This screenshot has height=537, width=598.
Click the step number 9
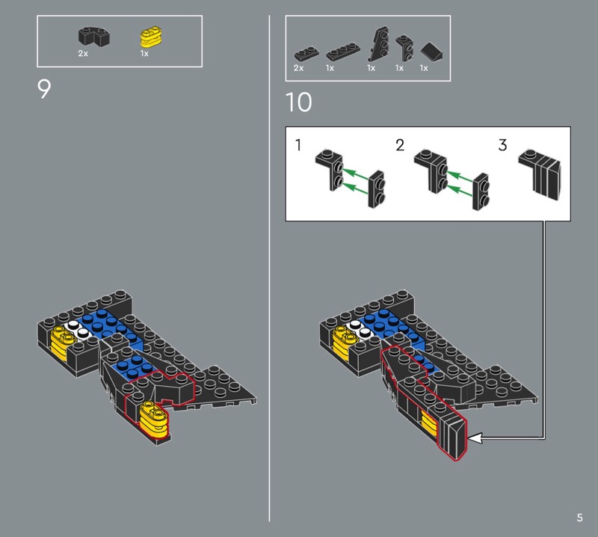(44, 89)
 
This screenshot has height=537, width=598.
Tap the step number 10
(298, 102)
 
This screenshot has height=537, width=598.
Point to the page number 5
(580, 518)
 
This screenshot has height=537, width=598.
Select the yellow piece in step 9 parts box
(151, 37)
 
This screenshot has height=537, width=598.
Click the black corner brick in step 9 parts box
(94, 37)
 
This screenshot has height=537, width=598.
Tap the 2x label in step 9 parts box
(83, 53)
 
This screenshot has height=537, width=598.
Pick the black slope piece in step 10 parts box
(432, 50)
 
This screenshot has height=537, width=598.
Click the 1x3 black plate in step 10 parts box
(343, 52)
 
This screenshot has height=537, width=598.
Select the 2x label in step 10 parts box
(298, 68)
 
